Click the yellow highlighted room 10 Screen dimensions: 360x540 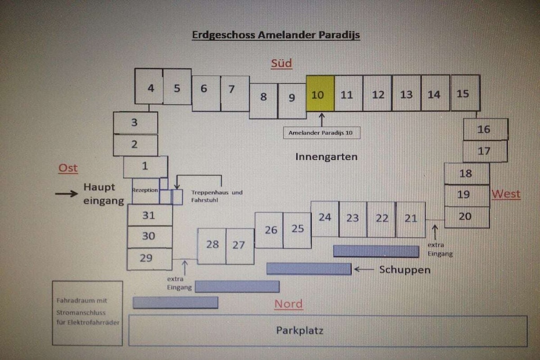pos(320,93)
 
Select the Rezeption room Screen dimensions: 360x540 pos(145,190)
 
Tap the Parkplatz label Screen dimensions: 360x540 pos(300,330)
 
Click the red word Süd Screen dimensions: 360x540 pos(282,64)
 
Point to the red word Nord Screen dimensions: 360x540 pos(288,304)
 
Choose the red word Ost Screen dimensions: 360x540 pos(68,168)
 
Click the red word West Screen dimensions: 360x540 pos(506,194)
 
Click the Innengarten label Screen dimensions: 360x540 pos(326,157)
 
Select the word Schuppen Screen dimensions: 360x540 pos(404,270)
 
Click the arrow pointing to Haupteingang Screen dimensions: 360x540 pos(66,194)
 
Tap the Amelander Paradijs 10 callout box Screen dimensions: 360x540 pos(321,133)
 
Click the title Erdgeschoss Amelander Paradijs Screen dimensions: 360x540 pos(276,35)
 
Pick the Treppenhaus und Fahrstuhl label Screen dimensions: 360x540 pos(217,196)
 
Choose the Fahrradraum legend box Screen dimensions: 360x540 pos(88,313)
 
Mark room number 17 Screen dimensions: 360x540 pos(485,151)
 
